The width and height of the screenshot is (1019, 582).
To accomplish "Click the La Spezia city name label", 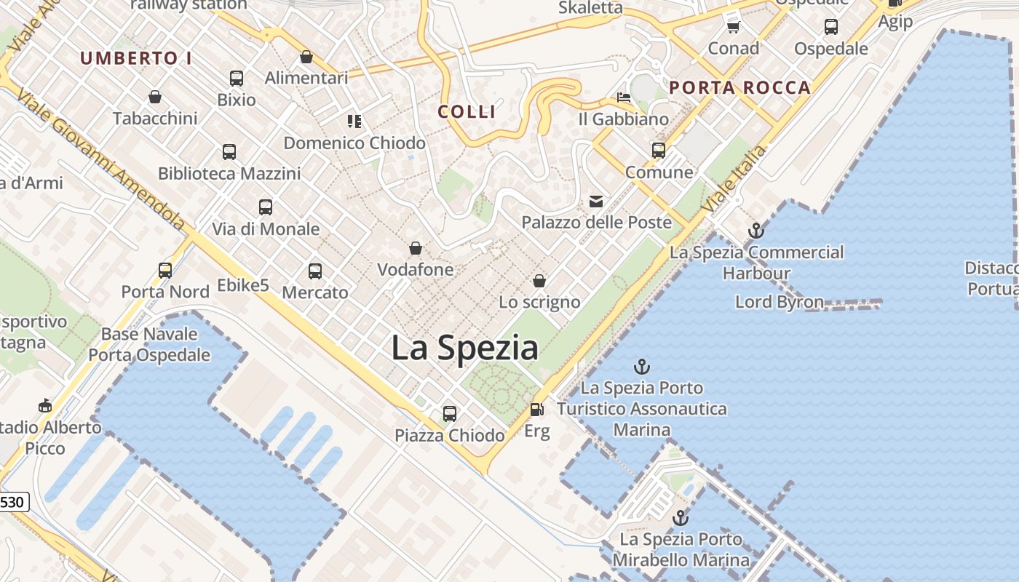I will click(x=464, y=348).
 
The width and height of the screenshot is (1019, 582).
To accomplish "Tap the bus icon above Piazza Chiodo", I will click(x=450, y=414).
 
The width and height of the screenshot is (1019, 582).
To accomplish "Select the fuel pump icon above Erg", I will click(x=537, y=410).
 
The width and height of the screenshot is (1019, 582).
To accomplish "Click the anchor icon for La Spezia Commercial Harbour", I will click(x=756, y=231).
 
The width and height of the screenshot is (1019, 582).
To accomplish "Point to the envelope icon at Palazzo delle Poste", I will click(x=596, y=201).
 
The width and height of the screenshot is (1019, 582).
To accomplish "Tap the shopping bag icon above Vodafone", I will click(x=416, y=249).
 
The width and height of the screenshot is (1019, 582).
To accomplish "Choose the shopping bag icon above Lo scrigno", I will click(x=539, y=281).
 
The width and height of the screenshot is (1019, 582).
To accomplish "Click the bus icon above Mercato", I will click(x=315, y=271).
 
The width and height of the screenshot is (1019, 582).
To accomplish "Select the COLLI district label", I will click(x=467, y=112).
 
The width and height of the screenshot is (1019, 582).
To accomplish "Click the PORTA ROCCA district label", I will click(x=740, y=88).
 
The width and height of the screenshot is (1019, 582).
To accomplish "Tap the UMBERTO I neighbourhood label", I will click(x=136, y=58).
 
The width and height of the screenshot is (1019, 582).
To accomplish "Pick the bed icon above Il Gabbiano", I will click(x=624, y=97).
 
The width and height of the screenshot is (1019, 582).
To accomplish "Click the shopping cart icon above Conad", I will click(x=734, y=28).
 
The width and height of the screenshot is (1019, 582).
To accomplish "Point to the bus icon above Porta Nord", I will click(x=165, y=271).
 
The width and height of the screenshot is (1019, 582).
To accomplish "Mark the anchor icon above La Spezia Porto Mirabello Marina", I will click(x=681, y=518).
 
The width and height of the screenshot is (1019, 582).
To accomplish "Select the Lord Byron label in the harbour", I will click(x=780, y=302).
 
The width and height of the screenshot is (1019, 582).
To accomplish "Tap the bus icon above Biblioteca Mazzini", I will click(x=229, y=152).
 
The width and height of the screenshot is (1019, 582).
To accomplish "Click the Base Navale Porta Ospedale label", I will click(x=149, y=345).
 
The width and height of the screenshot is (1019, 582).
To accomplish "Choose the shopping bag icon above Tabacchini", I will click(x=155, y=97).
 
